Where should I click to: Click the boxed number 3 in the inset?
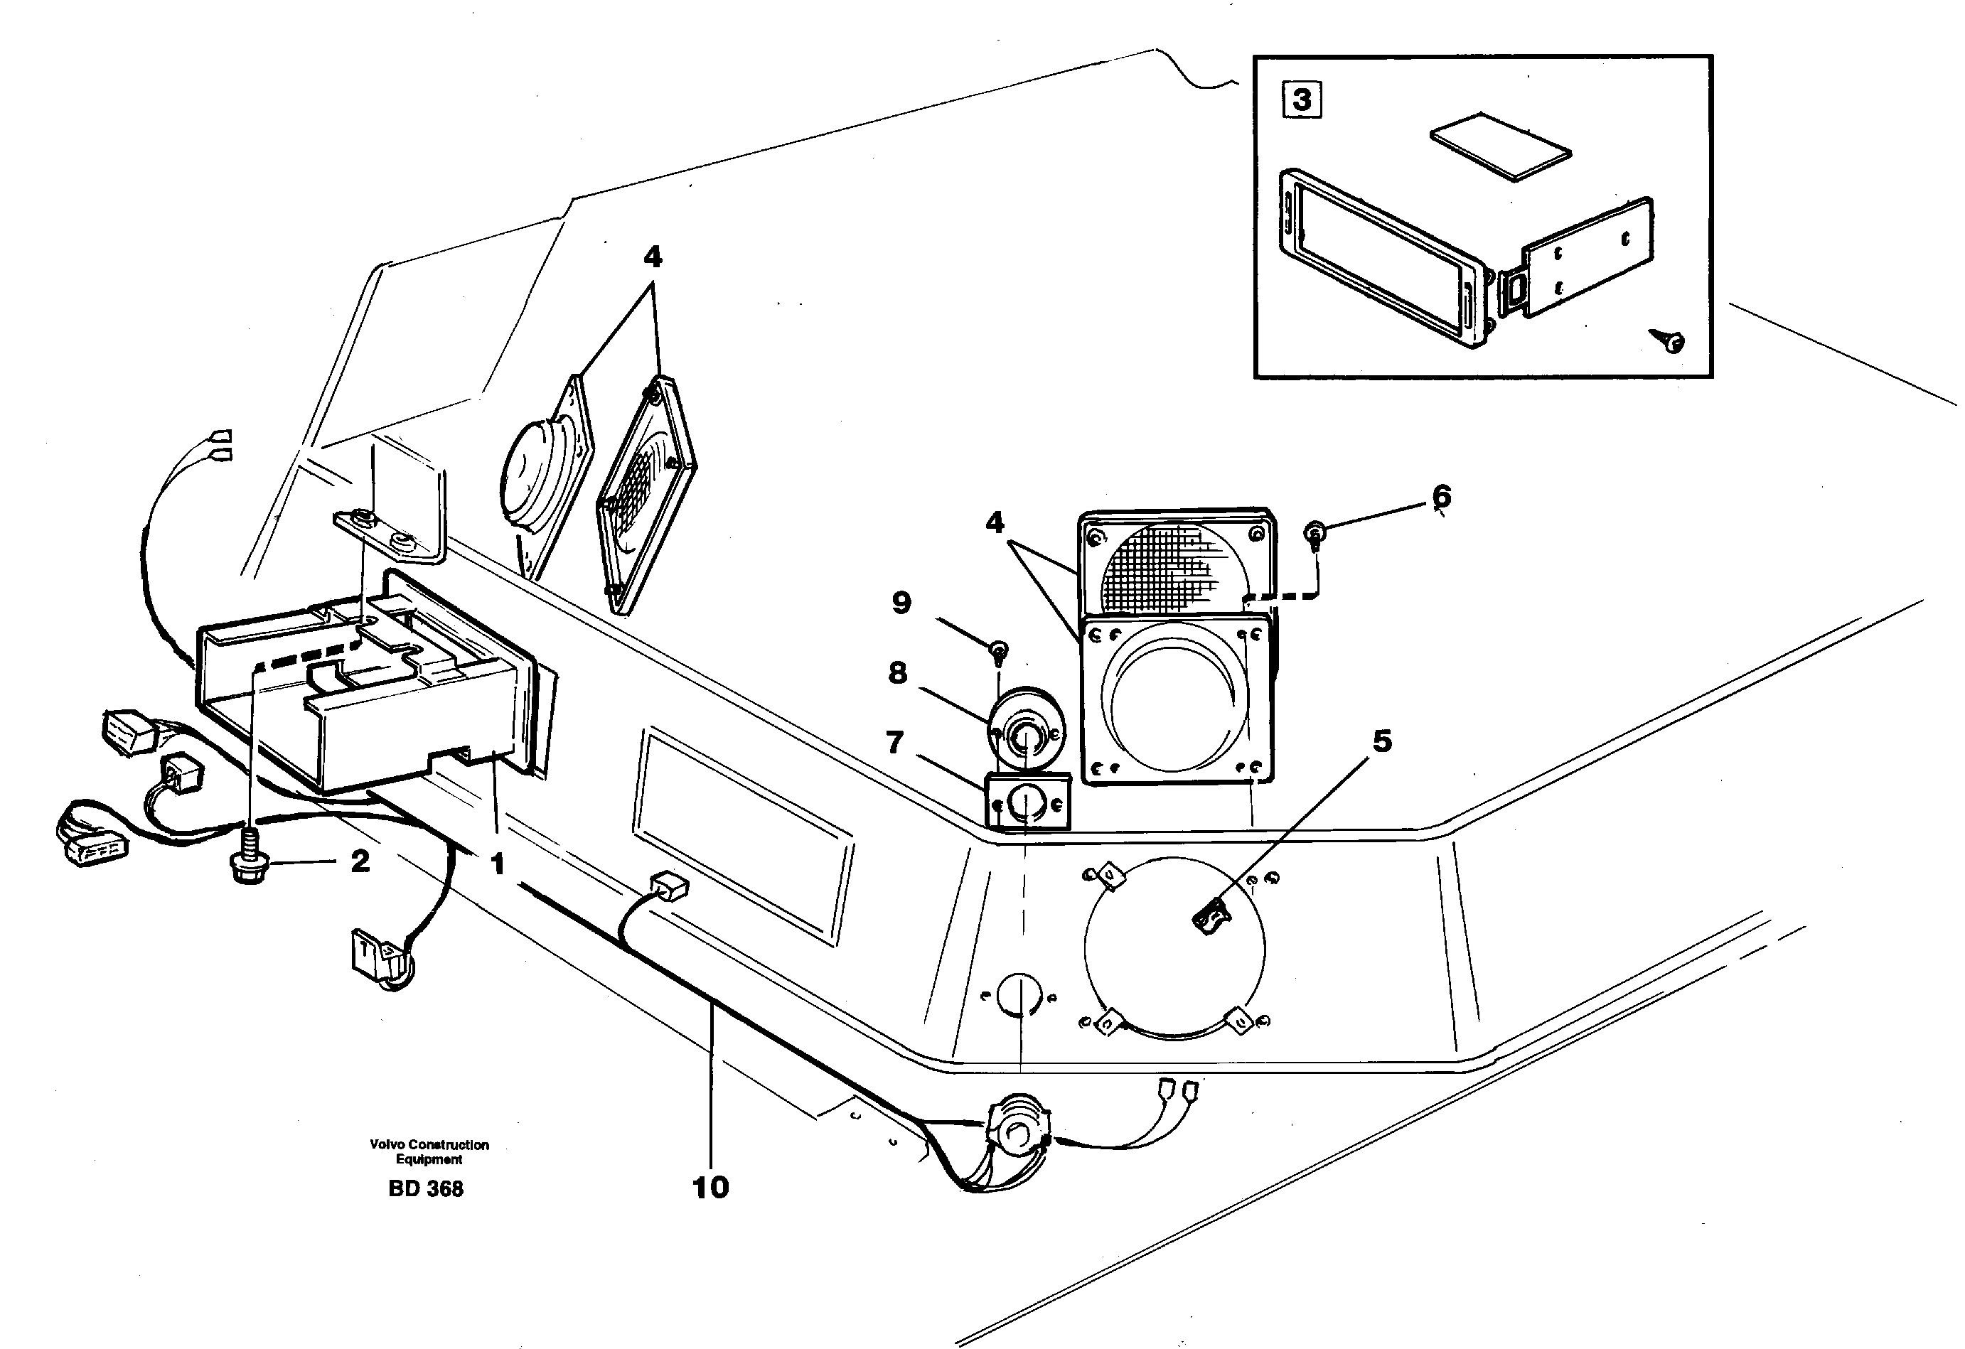(x=1301, y=100)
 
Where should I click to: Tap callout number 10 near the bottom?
(x=710, y=1187)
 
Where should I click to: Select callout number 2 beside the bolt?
(x=360, y=861)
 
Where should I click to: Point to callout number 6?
(x=1442, y=495)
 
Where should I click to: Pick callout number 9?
(x=901, y=603)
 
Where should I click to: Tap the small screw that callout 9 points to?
(x=999, y=651)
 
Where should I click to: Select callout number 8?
(x=897, y=673)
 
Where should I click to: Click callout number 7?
(x=894, y=742)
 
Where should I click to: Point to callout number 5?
(x=1381, y=741)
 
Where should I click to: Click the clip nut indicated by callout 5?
(x=1211, y=916)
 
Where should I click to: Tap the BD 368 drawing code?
(x=425, y=1188)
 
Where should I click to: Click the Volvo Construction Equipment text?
(x=429, y=1151)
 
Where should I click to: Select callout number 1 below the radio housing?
(x=497, y=863)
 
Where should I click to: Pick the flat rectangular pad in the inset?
(x=1500, y=146)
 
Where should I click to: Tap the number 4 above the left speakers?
(x=652, y=256)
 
